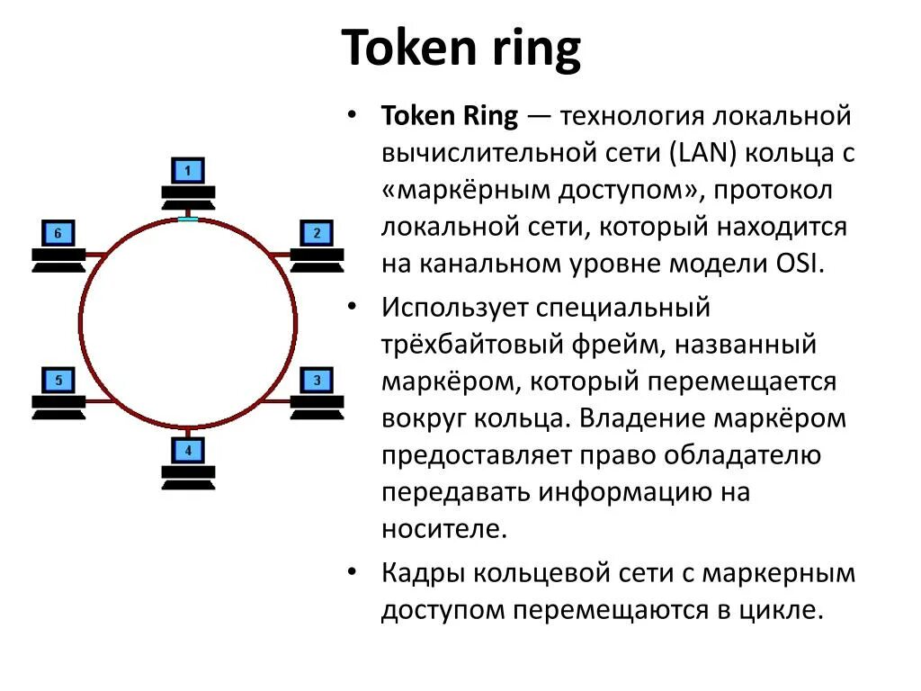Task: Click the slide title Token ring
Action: point(461,49)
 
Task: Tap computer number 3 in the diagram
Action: point(317,392)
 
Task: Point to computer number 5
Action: point(58,392)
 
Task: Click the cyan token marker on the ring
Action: point(188,218)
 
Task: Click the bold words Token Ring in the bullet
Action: point(450,117)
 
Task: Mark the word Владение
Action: point(647,418)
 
